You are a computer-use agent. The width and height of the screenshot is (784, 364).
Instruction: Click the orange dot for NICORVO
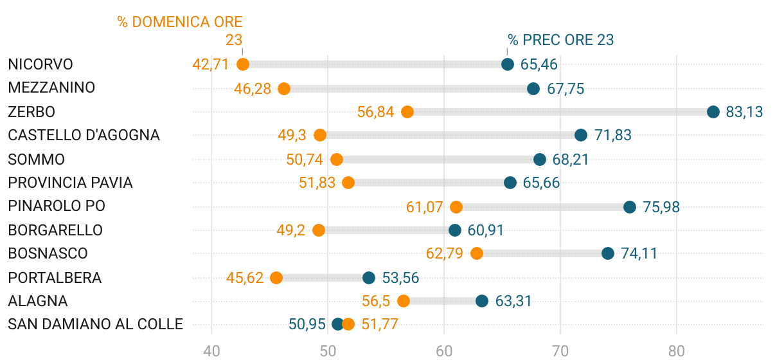243,64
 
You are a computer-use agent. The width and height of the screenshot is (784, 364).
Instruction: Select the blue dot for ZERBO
713,112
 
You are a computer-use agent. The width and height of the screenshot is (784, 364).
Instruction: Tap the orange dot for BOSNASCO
477,253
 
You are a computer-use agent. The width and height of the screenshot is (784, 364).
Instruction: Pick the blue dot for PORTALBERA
369,278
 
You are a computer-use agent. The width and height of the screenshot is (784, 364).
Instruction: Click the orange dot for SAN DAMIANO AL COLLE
348,324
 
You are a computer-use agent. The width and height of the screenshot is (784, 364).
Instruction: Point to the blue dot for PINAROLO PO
630,207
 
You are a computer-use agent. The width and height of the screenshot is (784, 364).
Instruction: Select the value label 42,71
211,64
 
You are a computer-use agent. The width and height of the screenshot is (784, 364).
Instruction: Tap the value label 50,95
307,324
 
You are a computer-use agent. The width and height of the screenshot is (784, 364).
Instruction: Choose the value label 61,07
425,207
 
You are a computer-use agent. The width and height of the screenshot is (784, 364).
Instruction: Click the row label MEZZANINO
51,88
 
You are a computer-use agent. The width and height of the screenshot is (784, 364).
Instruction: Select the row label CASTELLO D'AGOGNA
84,135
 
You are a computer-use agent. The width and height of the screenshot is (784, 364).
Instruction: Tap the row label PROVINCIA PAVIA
70,183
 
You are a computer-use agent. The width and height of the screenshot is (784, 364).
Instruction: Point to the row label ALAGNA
38,301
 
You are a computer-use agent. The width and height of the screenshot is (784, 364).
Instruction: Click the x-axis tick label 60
444,351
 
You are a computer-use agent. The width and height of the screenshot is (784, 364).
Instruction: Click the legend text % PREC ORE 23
561,40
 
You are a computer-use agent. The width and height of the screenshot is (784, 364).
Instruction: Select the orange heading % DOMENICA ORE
180,22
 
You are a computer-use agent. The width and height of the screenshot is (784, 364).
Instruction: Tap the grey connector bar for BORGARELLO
387,230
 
